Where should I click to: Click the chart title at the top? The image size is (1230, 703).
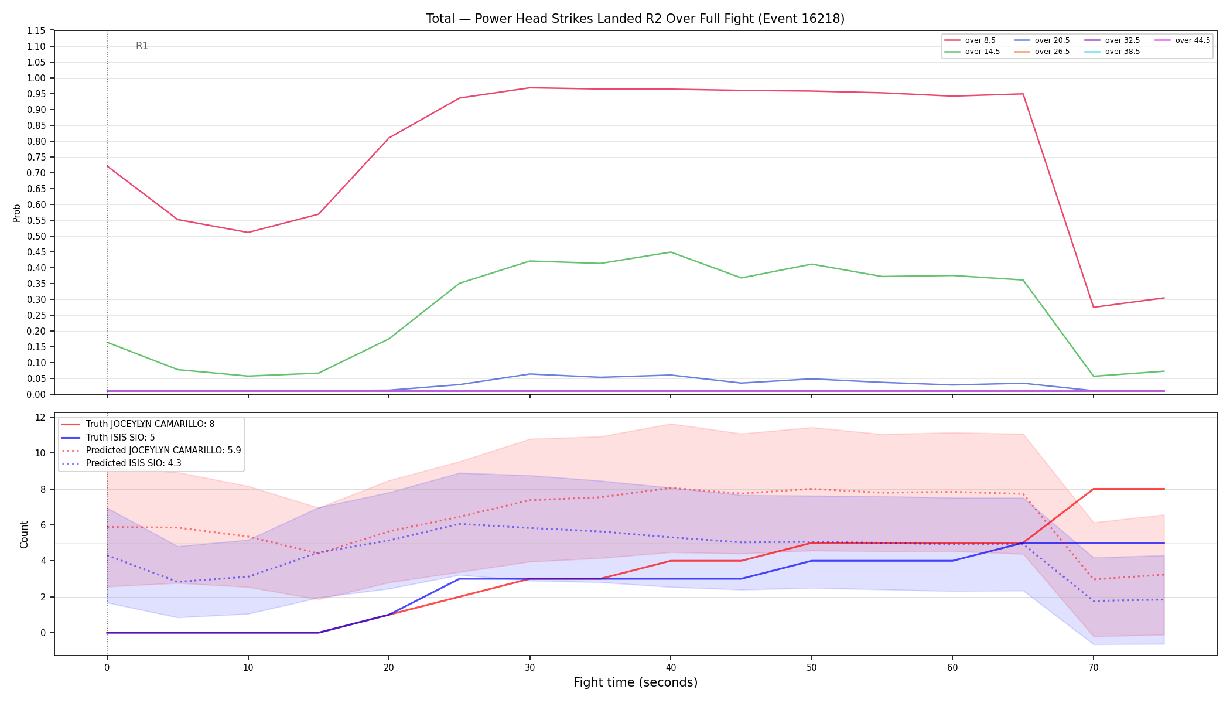(x=635, y=19)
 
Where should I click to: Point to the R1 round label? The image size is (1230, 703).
(x=142, y=46)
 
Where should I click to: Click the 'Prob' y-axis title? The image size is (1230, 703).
(x=16, y=213)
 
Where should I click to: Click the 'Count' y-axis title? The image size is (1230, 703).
(x=24, y=534)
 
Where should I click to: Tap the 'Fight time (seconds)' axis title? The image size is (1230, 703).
(x=635, y=682)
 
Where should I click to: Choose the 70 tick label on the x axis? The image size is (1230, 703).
(x=1093, y=667)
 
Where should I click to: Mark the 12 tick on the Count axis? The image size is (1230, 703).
(x=40, y=417)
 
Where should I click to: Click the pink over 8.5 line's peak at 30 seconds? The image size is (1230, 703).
(x=529, y=88)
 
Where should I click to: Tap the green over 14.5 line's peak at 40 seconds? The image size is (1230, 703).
(x=671, y=252)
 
